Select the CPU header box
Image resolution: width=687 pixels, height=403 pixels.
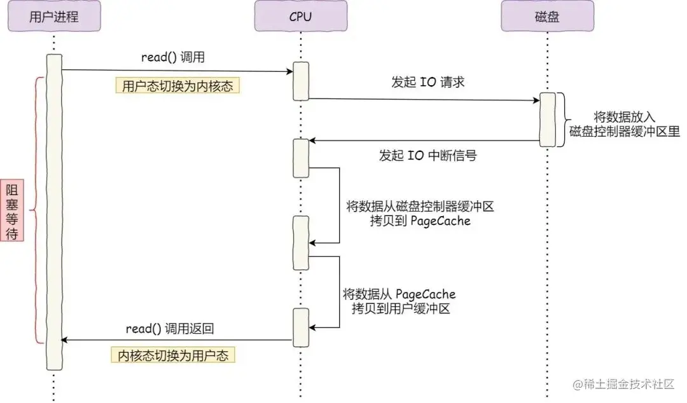300,16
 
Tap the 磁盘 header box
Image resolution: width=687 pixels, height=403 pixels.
547,16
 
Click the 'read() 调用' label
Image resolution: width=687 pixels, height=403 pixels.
173,57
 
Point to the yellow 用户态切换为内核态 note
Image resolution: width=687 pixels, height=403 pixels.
178,86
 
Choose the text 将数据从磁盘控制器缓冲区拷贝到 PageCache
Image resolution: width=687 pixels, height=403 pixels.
420,214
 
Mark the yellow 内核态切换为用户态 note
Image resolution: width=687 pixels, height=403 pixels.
173,355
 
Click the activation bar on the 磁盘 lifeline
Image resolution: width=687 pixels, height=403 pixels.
547,120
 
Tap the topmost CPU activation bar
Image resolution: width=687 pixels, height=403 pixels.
300,81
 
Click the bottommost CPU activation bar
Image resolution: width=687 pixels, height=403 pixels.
300,327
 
